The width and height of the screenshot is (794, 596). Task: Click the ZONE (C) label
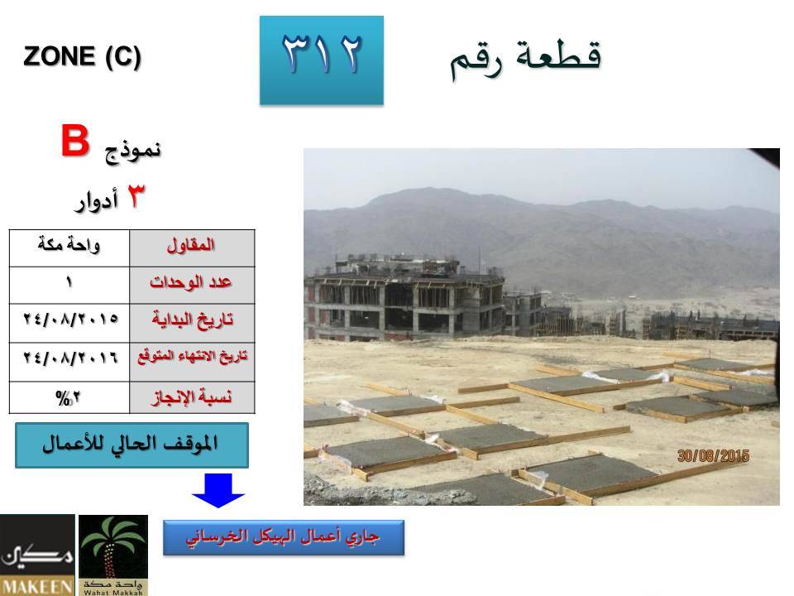point(82,56)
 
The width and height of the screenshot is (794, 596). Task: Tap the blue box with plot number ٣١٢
point(322,60)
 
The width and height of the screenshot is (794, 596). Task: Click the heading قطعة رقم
point(526,59)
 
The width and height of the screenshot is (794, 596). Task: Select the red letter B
point(75,141)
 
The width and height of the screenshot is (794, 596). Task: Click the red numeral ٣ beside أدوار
point(135,196)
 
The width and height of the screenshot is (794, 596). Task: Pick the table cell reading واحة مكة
point(69,248)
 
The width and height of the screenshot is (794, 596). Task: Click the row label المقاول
point(191,245)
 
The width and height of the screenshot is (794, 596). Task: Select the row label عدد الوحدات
point(190,281)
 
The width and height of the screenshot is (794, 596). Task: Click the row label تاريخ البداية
point(192,320)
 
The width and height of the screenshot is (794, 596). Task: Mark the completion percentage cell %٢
point(69,397)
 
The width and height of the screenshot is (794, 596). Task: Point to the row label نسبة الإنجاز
point(192,397)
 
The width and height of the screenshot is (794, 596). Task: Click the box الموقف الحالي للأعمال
point(132,445)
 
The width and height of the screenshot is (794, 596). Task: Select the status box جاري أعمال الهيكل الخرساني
point(284,537)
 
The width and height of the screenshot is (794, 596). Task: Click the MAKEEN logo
point(37,555)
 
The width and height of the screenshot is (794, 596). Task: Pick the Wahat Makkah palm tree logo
point(113,555)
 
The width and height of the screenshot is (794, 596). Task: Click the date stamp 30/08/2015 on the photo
point(713,456)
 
